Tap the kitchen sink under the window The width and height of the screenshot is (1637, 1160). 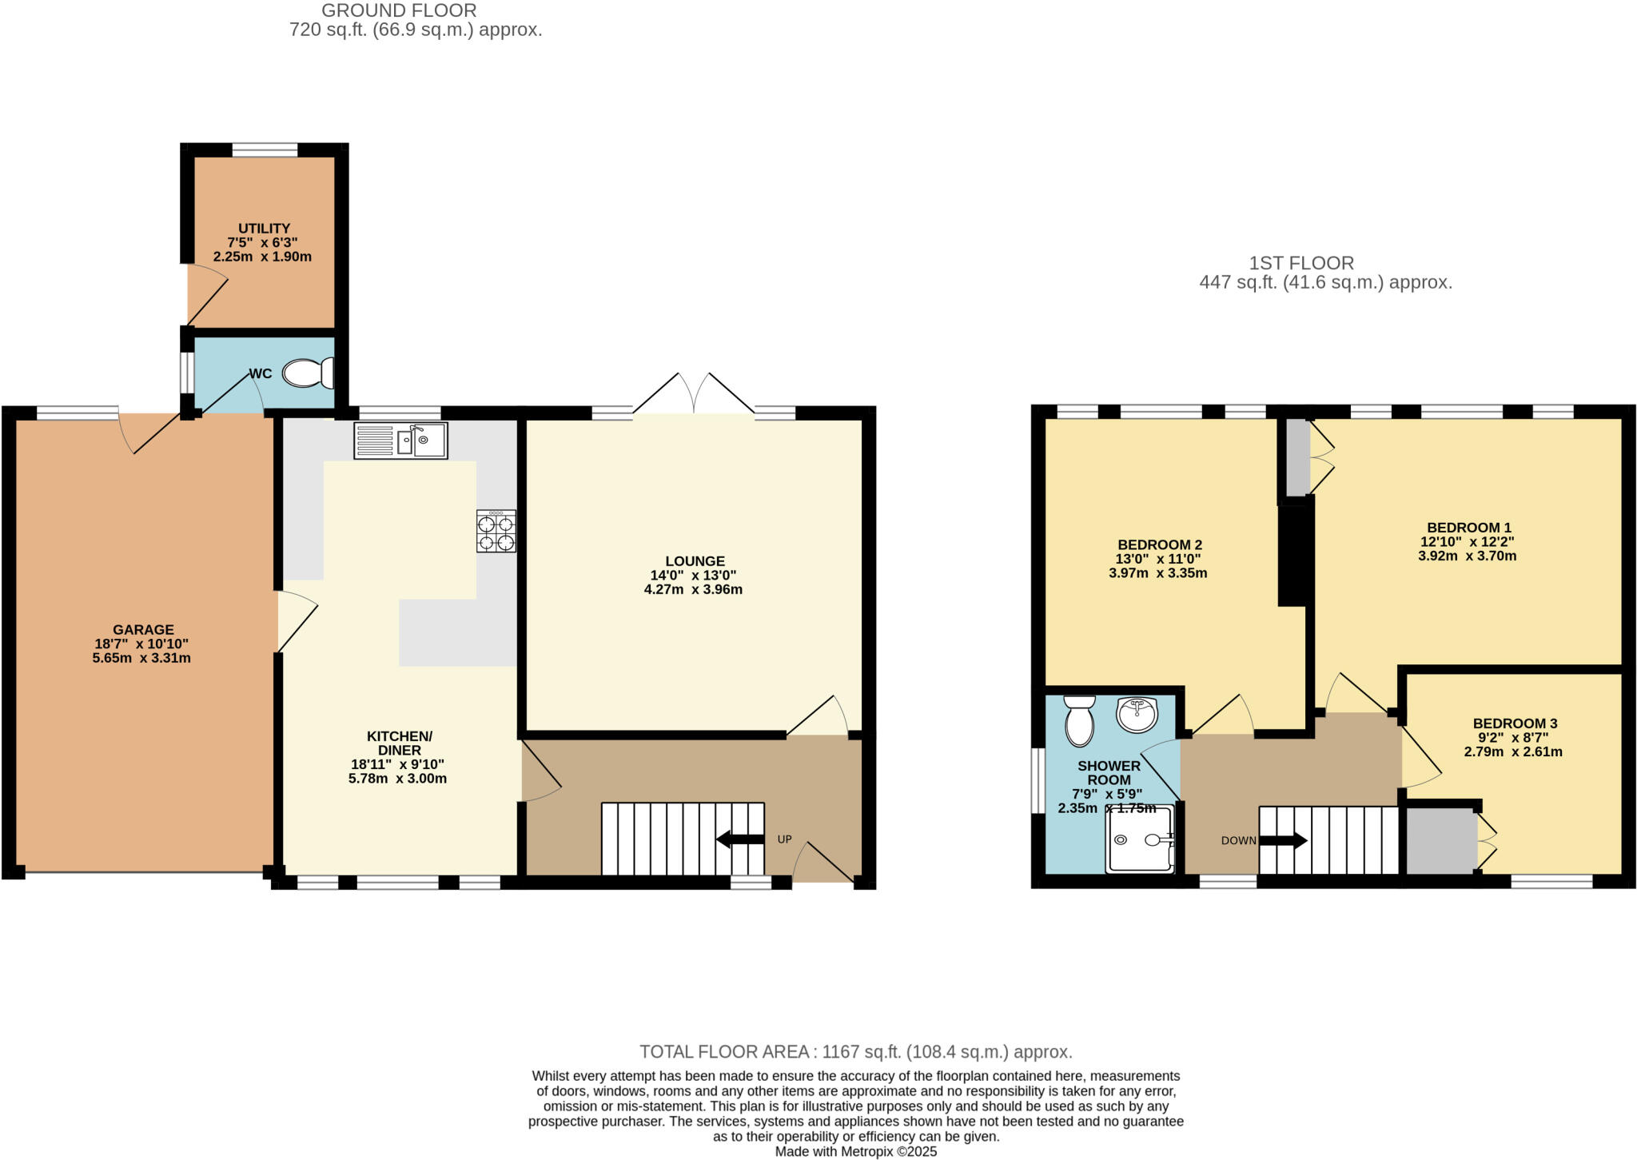pyautogui.click(x=400, y=440)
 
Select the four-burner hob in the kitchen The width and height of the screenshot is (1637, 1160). pyautogui.click(x=496, y=532)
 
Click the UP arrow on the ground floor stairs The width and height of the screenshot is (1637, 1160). pyautogui.click(x=740, y=839)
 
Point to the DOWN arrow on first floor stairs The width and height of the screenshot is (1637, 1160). pyautogui.click(x=1283, y=841)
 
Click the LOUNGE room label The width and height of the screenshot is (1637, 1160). pyautogui.click(x=695, y=561)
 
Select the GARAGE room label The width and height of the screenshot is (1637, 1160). pyautogui.click(x=143, y=630)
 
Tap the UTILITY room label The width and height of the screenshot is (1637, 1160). pyautogui.click(x=264, y=229)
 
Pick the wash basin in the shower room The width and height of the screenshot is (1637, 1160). pyautogui.click(x=1137, y=714)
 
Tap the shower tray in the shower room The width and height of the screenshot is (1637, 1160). pyautogui.click(x=1141, y=839)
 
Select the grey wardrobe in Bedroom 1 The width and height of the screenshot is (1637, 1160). pyautogui.click(x=1297, y=458)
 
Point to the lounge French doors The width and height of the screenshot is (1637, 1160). pyautogui.click(x=694, y=395)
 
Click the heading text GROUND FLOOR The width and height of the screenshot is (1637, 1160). pyautogui.click(x=399, y=11)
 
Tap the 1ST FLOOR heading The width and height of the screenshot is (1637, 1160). pyautogui.click(x=1301, y=263)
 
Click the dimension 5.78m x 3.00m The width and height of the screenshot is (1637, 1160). pyautogui.click(x=397, y=779)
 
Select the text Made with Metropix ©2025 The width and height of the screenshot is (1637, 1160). pyautogui.click(x=855, y=1152)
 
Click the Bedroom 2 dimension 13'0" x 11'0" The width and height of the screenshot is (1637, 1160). pyautogui.click(x=1158, y=560)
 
